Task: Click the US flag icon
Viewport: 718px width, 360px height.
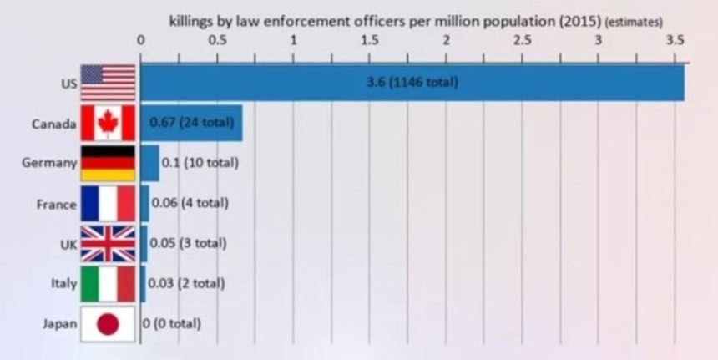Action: (108, 84)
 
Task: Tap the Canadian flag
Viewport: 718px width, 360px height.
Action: (108, 124)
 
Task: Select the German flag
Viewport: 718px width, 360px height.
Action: (108, 164)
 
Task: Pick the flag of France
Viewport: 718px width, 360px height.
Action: (108, 204)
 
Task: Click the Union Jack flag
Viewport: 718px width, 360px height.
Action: (108, 244)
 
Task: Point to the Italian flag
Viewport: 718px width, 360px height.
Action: (108, 284)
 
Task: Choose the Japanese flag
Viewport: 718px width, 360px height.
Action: (108, 324)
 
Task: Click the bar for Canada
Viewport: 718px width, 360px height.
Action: (191, 124)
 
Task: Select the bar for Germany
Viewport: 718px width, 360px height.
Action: (149, 164)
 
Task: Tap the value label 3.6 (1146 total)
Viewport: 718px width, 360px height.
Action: (412, 84)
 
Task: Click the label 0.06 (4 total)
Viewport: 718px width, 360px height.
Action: (190, 203)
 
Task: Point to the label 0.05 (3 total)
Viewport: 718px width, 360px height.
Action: (189, 243)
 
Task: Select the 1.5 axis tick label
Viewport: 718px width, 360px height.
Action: (370, 39)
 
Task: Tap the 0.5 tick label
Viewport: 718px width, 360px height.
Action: (218, 39)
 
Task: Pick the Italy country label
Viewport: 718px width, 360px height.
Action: (64, 284)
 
